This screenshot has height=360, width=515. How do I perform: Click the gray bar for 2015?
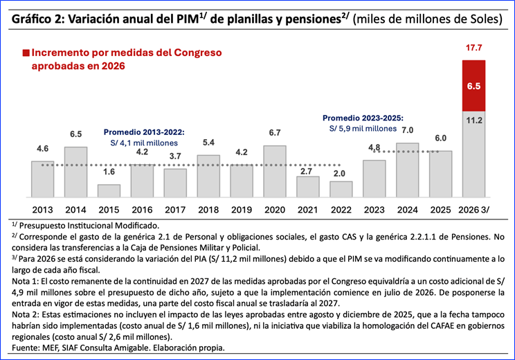(109, 191)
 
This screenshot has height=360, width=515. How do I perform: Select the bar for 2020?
(275, 172)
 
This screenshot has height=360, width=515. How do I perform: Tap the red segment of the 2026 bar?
(473, 86)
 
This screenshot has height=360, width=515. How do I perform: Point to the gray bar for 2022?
(341, 189)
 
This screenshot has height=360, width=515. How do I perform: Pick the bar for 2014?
(75, 172)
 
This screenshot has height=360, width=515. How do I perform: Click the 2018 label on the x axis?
(208, 210)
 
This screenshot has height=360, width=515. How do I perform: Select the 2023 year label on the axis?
(374, 210)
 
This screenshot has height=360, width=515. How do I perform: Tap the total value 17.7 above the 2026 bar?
(473, 48)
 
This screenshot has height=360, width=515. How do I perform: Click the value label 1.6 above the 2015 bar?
(109, 172)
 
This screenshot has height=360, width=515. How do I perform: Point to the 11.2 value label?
(474, 120)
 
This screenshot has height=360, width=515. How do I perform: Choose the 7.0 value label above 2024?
(407, 130)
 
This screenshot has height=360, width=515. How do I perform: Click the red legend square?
(26, 53)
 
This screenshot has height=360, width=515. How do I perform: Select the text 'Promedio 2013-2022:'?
(144, 132)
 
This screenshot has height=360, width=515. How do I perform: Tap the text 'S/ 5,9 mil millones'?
(363, 129)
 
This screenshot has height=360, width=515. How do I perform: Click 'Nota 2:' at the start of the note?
(26, 315)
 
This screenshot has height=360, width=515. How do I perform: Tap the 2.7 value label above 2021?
(306, 171)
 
